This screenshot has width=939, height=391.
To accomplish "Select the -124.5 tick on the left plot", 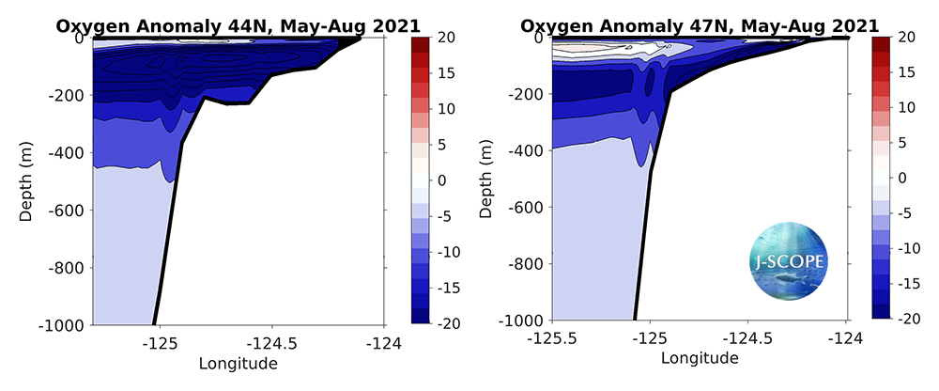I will (271, 343).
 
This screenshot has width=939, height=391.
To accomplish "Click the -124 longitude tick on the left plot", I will (383, 343).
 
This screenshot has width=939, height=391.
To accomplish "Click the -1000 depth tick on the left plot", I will (62, 325).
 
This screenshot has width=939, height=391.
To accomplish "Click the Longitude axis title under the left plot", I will (239, 362).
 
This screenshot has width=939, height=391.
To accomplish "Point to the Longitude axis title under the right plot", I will (699, 358).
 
